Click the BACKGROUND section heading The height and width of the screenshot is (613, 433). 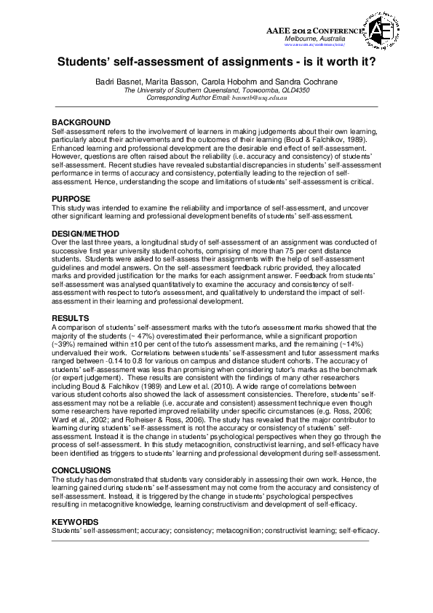coord(82,122)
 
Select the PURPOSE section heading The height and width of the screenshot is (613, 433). coord(71,199)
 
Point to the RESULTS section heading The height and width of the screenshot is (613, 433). coord(71,318)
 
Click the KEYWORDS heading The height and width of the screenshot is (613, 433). coord(75,522)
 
